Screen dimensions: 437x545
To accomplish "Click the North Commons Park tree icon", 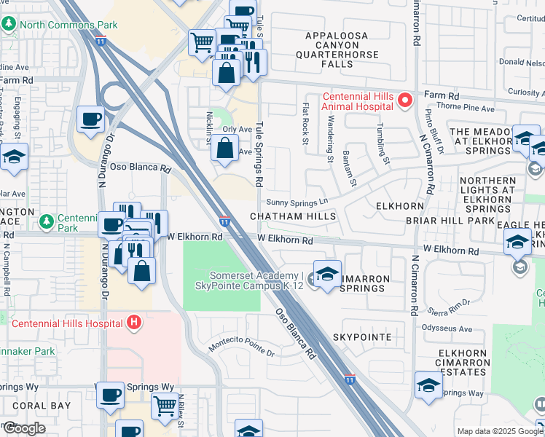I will (9, 25).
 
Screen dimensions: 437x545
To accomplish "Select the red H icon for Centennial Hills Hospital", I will (133, 321).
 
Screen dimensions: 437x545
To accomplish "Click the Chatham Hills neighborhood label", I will (293, 216).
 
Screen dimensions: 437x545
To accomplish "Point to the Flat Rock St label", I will (306, 123).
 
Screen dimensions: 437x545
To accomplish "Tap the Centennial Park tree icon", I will (46, 220).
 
